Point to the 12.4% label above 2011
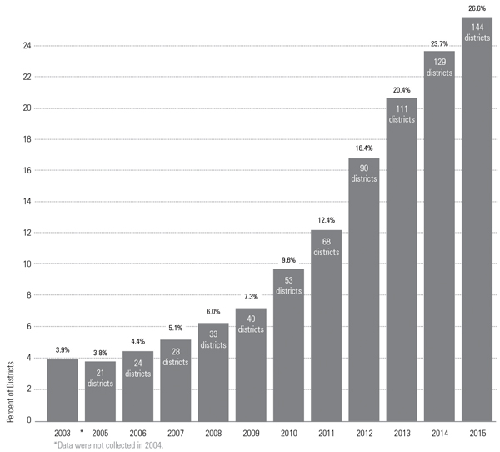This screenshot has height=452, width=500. click(326, 221)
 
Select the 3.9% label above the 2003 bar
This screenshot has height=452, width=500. click(62, 350)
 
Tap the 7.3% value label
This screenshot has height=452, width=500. click(251, 298)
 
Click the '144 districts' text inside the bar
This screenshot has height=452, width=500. click(477, 32)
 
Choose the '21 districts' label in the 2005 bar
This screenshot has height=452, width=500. click(100, 377)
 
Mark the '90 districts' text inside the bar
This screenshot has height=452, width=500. click(364, 173)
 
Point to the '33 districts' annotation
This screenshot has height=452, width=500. click(213, 339)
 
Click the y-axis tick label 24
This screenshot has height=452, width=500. click(27, 46)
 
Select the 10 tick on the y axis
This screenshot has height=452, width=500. click(27, 264)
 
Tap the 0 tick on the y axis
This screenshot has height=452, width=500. click(28, 420)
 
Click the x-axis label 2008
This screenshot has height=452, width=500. click(213, 434)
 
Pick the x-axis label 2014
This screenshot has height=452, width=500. click(439, 434)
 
